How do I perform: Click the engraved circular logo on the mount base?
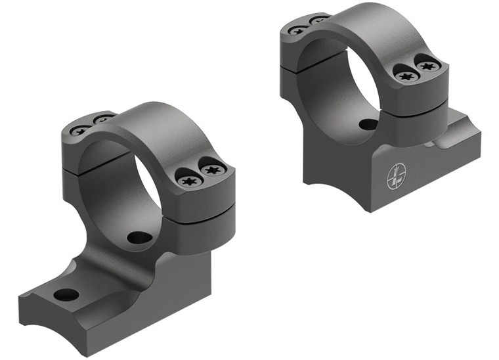(397, 172)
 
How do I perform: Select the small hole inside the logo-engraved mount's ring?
(368, 124)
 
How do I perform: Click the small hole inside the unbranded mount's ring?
(138, 237)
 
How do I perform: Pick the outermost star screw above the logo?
(428, 67)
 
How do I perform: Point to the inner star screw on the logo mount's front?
(406, 76)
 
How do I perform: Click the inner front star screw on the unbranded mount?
(188, 179)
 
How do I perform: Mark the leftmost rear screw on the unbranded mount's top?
(79, 130)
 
